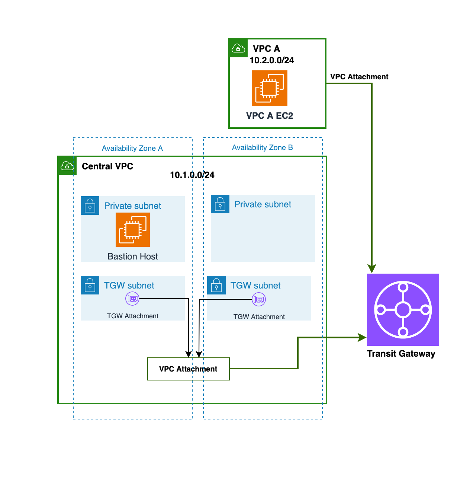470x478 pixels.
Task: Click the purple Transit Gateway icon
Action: coord(403,309)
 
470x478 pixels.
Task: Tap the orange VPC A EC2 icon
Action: coord(270,88)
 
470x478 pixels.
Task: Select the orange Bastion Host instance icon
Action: coord(133,230)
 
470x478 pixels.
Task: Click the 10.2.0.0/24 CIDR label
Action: coord(272,60)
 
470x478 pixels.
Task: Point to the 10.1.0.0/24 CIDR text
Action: coord(192,175)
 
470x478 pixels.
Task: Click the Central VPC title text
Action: coord(107,166)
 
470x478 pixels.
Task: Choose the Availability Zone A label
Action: coord(132,148)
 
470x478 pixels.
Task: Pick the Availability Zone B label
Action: coord(263,147)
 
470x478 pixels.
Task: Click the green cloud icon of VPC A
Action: coord(238,48)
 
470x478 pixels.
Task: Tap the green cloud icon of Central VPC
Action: coord(67,166)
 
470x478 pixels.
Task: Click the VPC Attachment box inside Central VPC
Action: coord(189,369)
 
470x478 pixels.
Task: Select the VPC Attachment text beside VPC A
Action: coord(359,77)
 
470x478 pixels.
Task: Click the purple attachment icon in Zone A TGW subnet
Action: coord(132,299)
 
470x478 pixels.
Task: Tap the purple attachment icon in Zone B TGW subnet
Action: coord(259,299)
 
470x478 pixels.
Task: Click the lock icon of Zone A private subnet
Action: coord(90,205)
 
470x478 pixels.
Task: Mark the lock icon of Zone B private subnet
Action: coord(220,204)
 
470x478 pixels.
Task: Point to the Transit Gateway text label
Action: coord(401,354)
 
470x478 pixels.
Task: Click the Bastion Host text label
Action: coord(133,256)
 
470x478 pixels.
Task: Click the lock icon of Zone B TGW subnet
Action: coord(216,285)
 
